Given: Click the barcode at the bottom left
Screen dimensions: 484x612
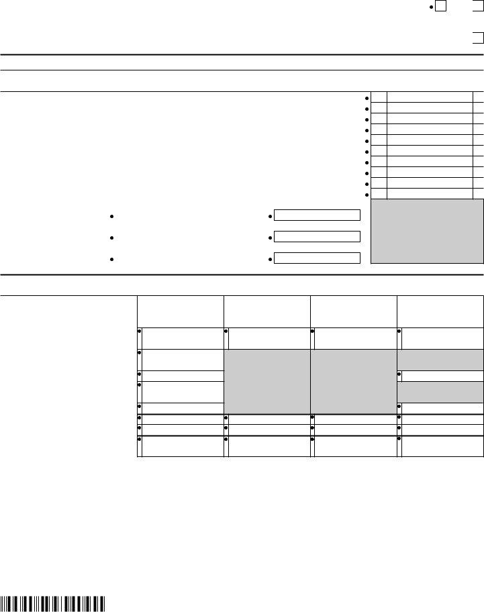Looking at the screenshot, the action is (x=53, y=603).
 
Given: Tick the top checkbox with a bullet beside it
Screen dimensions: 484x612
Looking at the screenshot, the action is (x=441, y=7).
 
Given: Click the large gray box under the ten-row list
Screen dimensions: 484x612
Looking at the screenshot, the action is (x=427, y=230).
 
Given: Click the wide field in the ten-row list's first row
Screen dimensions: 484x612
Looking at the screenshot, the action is (x=430, y=97).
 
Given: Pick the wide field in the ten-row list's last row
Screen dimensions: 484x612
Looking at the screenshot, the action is (x=430, y=194).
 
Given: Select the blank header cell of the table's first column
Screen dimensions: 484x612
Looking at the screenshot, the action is (x=180, y=311).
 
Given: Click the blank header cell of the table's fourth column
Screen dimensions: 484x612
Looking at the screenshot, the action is (x=440, y=311).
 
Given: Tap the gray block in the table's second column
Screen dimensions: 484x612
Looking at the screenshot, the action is (x=267, y=380).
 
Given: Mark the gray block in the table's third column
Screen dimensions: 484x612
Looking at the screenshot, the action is (x=354, y=380).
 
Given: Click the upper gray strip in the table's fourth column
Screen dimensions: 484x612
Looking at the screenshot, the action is (x=440, y=359).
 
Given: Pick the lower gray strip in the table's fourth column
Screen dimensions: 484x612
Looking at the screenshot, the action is (x=440, y=391).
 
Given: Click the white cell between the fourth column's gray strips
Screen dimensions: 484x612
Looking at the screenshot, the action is (x=443, y=376).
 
